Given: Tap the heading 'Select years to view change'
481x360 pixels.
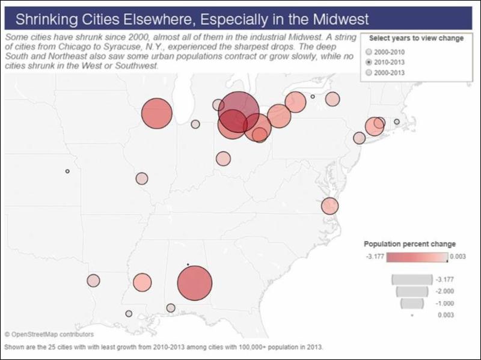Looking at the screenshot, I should pos(416,38).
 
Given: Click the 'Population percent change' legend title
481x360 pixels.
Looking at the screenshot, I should pos(409,244).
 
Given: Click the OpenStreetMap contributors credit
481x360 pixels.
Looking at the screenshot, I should pos(49,334).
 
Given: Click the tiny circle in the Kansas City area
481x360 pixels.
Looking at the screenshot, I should pos(67,171).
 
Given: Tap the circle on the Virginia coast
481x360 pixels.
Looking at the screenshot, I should pos(329,206).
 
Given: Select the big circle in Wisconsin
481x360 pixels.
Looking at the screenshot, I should pos(157,114).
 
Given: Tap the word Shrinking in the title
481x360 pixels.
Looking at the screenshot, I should pos(46,20).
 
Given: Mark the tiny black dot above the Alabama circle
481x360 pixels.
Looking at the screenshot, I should pos(188,264).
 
